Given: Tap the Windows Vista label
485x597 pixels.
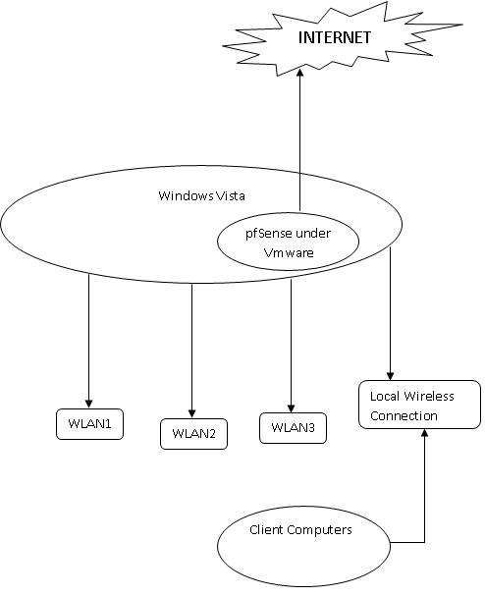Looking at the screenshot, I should pos(202,195).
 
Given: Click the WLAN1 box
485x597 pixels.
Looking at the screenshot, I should pos(89,424).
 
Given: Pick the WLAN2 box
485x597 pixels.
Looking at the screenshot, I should pos(193,433).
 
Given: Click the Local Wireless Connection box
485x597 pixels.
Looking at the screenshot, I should pos(419,406).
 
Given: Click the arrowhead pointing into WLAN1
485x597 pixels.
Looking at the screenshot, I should pos(89,402).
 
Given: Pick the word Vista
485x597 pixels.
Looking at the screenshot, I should pos(231,195).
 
